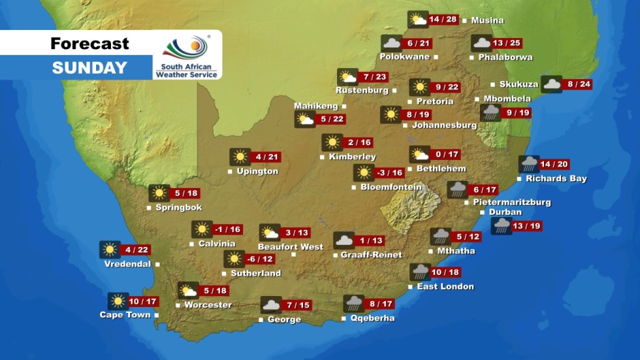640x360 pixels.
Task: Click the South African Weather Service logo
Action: pyautogui.click(x=187, y=55)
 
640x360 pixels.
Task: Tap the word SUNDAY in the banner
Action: pyautogui.click(x=89, y=67)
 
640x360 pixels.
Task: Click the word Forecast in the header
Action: pyautogui.click(x=89, y=44)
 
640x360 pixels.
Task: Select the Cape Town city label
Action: pyautogui.click(x=125, y=315)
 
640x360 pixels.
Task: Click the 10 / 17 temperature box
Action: pyautogui.click(x=142, y=301)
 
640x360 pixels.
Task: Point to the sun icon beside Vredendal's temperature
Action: pyautogui.click(x=109, y=250)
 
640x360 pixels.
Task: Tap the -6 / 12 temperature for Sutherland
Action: pyautogui.click(x=260, y=259)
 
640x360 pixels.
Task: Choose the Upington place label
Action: pyautogui.click(x=257, y=171)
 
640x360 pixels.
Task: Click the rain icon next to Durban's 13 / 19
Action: pyautogui.click(x=501, y=226)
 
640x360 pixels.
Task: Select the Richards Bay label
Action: pyautogui.click(x=556, y=179)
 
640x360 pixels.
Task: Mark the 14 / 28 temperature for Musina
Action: pyautogui.click(x=443, y=19)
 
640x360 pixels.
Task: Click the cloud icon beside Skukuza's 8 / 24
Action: pyautogui.click(x=551, y=84)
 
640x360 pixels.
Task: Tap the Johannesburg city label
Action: pyautogui.click(x=444, y=125)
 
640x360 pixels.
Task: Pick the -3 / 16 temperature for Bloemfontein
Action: pyautogui.click(x=390, y=173)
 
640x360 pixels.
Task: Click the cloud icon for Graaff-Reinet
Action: pyautogui.click(x=343, y=240)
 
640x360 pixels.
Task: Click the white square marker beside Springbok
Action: pyautogui.click(x=149, y=208)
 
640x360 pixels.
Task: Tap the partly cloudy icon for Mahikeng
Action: pyautogui.click(x=304, y=120)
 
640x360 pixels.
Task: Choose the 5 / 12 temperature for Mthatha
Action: pyautogui.click(x=467, y=236)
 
